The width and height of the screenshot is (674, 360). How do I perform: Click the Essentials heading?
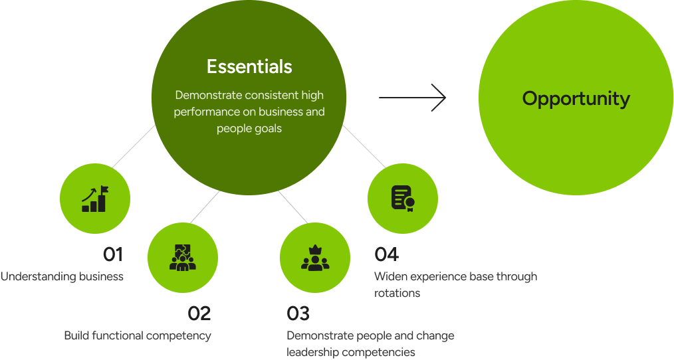[x=249, y=67]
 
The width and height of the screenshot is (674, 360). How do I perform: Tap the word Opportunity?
[x=576, y=99]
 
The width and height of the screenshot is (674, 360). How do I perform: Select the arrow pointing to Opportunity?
[x=413, y=98]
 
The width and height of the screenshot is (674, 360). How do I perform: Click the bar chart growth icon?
[x=95, y=198]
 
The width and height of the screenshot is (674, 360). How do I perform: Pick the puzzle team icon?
[x=183, y=258]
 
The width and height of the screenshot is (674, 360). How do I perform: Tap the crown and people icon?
[x=315, y=258]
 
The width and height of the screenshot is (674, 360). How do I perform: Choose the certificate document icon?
[x=403, y=198]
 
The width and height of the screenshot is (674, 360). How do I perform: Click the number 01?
[x=113, y=254]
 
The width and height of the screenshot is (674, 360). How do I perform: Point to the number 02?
[x=199, y=313]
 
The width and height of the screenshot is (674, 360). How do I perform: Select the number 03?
[x=298, y=313]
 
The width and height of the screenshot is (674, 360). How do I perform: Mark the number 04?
[x=386, y=254]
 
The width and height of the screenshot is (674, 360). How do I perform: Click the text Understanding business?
[x=62, y=276]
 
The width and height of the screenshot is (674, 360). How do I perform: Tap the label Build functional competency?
[x=138, y=335]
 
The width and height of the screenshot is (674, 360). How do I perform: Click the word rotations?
[x=397, y=293]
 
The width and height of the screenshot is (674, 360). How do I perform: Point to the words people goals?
[x=249, y=128]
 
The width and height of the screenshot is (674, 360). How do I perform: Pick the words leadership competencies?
[x=351, y=352]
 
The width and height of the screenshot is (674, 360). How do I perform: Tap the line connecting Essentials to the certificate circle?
[x=364, y=146]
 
